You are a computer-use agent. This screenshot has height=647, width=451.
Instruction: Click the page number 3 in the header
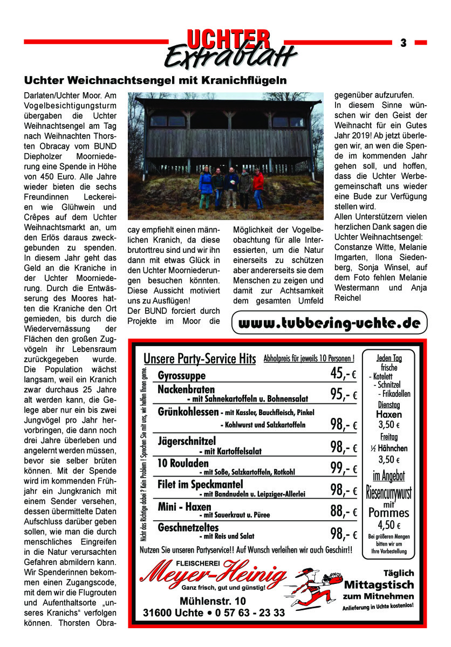(402, 43)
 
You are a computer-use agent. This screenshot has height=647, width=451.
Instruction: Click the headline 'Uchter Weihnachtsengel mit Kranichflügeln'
(154, 81)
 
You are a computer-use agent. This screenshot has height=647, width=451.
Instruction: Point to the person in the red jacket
(258, 187)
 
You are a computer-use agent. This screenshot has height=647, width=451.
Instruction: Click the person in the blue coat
(206, 187)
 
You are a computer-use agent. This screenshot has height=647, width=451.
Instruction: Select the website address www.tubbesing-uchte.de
(329, 323)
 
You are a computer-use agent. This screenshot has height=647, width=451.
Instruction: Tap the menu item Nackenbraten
(186, 389)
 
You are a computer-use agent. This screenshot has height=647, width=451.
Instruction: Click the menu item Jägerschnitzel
(187, 442)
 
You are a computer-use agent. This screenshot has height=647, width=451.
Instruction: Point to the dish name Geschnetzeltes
(188, 527)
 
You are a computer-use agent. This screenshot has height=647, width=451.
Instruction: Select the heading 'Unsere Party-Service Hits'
(200, 359)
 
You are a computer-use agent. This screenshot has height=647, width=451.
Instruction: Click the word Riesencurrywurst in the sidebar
(389, 492)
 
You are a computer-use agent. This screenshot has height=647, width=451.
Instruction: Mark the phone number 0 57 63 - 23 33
(250, 613)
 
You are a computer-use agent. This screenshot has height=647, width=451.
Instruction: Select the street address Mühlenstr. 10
(213, 601)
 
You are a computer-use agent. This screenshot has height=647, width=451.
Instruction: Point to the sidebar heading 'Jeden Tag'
(388, 358)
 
